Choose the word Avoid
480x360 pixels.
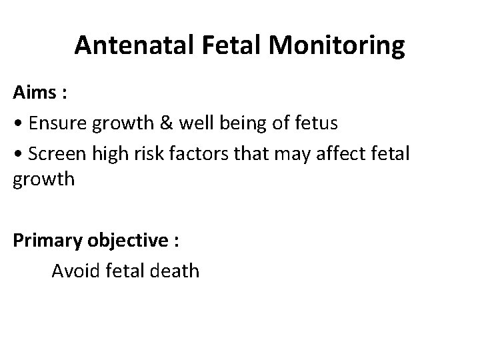click(x=74, y=271)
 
